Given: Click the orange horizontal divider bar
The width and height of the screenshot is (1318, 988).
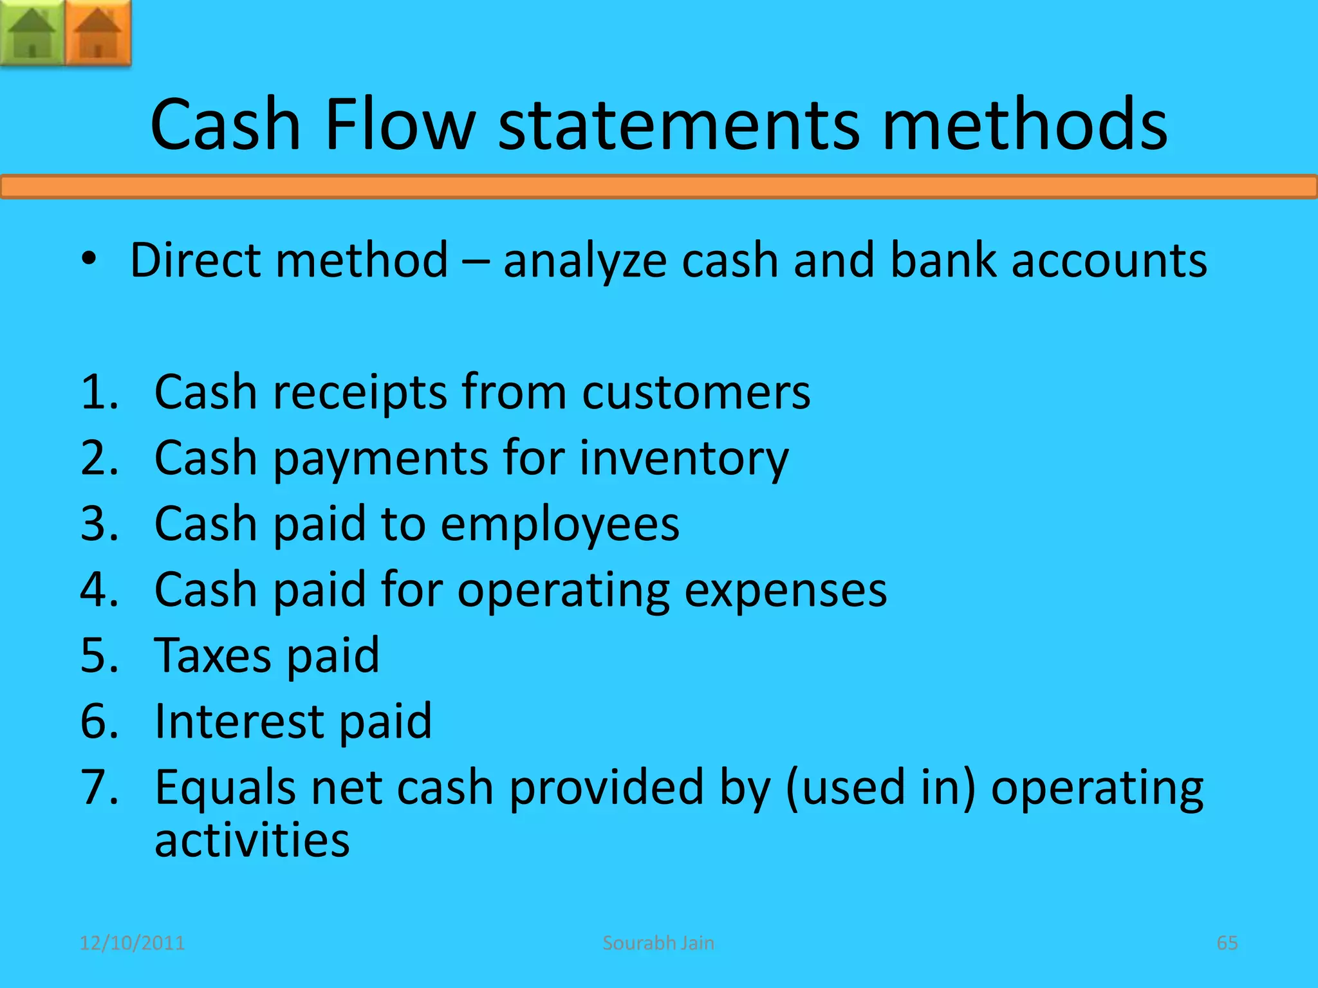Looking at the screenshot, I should (659, 187).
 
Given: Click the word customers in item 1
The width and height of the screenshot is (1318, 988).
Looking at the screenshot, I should (696, 392).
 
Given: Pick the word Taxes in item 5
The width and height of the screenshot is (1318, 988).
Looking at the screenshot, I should (212, 655).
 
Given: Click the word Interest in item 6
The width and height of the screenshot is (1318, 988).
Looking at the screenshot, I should (239, 721).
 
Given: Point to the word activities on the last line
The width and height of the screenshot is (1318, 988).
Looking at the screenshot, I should (252, 840).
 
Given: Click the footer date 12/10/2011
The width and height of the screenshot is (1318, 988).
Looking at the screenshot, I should (132, 943).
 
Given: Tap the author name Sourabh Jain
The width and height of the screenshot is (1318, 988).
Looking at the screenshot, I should (658, 943).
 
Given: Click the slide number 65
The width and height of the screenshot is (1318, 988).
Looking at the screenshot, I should (1227, 943).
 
